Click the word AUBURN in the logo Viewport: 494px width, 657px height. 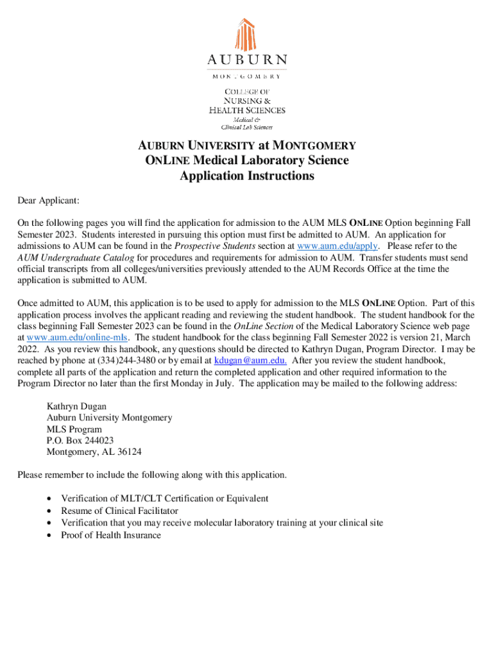pos(247,60)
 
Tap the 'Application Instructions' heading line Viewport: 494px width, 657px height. pos(247,176)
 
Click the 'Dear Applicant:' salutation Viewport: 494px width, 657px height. pos(48,201)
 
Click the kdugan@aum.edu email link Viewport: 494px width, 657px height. pos(250,361)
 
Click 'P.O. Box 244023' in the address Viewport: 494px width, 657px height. pos(80,441)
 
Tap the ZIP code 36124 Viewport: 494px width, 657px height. pos(128,452)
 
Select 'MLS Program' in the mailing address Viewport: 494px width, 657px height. pos(74,429)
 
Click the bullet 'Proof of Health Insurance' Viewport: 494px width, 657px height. pos(111,535)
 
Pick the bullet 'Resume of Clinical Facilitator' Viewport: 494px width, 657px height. pos(120,511)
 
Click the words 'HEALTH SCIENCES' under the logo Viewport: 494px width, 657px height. pos(247,110)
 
